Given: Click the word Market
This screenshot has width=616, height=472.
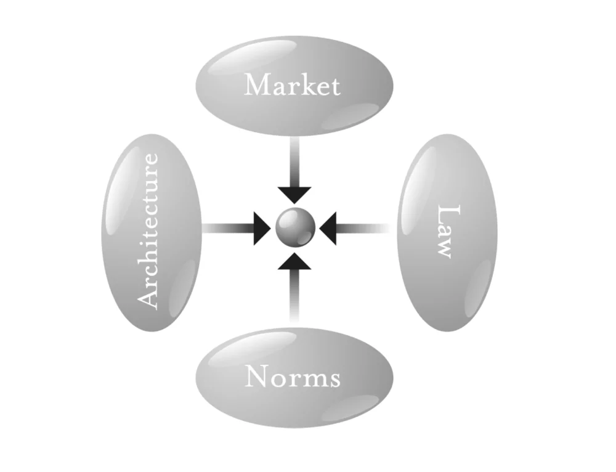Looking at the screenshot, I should coord(292,85).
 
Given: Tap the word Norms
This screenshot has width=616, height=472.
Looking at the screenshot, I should coord(293,376).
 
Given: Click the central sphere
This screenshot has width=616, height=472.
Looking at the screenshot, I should coord(295,227).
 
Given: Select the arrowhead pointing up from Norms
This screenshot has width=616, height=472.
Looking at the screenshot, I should coord(295,261).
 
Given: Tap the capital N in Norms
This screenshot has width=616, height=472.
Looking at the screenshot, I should coord(256,376).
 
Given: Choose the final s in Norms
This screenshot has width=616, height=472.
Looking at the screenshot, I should coord(333,378).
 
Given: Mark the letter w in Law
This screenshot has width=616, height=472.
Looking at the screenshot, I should coord(445,248).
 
